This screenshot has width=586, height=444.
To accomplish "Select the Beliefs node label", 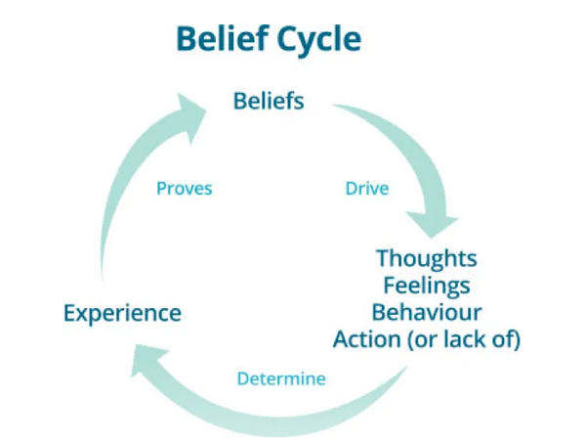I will tap(269, 101).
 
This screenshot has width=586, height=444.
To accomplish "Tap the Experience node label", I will tap(122, 314).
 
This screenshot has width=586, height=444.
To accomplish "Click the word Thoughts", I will tap(427, 259).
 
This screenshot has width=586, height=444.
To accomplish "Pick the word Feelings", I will tap(427, 287).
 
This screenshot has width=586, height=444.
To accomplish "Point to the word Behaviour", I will tap(427, 313).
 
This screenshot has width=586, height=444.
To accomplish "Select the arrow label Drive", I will tap(366, 188).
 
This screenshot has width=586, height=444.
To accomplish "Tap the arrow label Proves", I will tap(185, 188).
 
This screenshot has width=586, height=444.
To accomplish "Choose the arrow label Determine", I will tap(282, 378).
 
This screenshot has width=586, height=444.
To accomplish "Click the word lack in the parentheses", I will tap(461, 340).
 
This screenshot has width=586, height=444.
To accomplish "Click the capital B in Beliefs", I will tap(239, 101).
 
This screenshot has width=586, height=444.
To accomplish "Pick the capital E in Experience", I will tap(69, 314).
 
